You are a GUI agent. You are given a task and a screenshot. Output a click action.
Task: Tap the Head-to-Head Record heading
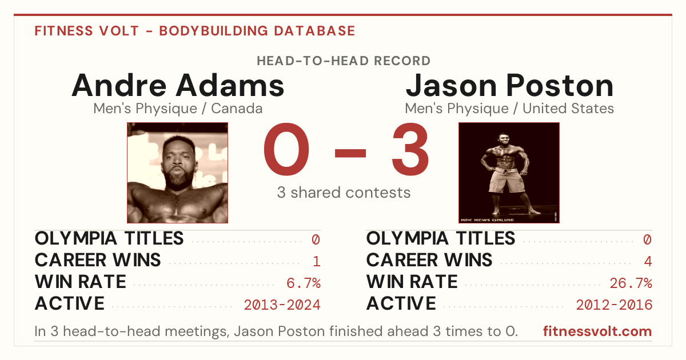point(344,61)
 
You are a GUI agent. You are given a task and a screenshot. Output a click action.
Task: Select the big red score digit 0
point(286,149)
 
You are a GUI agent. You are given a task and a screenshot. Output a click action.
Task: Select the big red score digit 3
point(410,149)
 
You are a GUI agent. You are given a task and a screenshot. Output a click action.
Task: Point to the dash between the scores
point(350,153)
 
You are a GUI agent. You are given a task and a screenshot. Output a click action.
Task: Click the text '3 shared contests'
point(344,193)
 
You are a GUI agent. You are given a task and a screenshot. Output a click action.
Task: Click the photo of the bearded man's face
point(178,173)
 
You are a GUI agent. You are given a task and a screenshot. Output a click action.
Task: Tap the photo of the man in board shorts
point(509,173)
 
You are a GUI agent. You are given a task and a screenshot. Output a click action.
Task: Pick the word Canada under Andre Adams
point(237,109)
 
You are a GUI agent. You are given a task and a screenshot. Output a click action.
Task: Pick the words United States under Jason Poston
point(568,109)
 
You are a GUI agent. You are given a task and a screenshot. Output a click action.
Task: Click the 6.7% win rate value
point(304,283)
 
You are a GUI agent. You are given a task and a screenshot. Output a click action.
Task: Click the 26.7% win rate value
point(631,283)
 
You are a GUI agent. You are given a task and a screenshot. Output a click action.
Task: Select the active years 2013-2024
point(282,305)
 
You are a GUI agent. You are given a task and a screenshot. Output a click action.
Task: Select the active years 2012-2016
point(614,305)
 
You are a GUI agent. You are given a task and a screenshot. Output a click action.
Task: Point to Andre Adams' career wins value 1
point(317,262)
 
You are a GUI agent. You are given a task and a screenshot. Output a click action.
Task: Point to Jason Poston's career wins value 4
point(648,262)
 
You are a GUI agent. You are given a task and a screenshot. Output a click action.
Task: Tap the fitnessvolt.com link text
point(597,331)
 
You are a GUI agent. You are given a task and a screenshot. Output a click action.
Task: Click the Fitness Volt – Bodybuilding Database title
point(195,31)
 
